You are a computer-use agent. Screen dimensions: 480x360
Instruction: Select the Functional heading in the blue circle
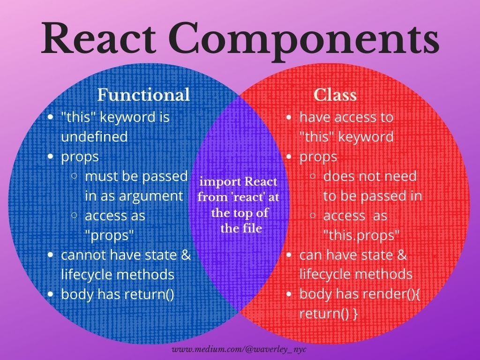[143, 95]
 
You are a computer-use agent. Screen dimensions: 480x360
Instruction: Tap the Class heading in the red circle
[335, 95]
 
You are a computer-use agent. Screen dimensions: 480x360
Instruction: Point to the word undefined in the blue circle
[94, 137]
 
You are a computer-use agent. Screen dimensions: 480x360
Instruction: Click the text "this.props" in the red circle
[361, 235]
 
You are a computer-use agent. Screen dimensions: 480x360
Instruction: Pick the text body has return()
[118, 294]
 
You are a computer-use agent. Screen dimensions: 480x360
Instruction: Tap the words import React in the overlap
[238, 181]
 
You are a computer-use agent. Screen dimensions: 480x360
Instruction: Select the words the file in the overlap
[241, 229]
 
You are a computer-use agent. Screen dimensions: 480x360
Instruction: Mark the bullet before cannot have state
[51, 255]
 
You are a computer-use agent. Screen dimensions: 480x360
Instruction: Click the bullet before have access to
[289, 117]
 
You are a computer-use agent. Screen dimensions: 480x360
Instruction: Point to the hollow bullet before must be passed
[75, 177]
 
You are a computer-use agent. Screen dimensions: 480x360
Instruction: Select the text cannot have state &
[126, 255]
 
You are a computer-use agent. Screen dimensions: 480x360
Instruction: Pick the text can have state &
[353, 255]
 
